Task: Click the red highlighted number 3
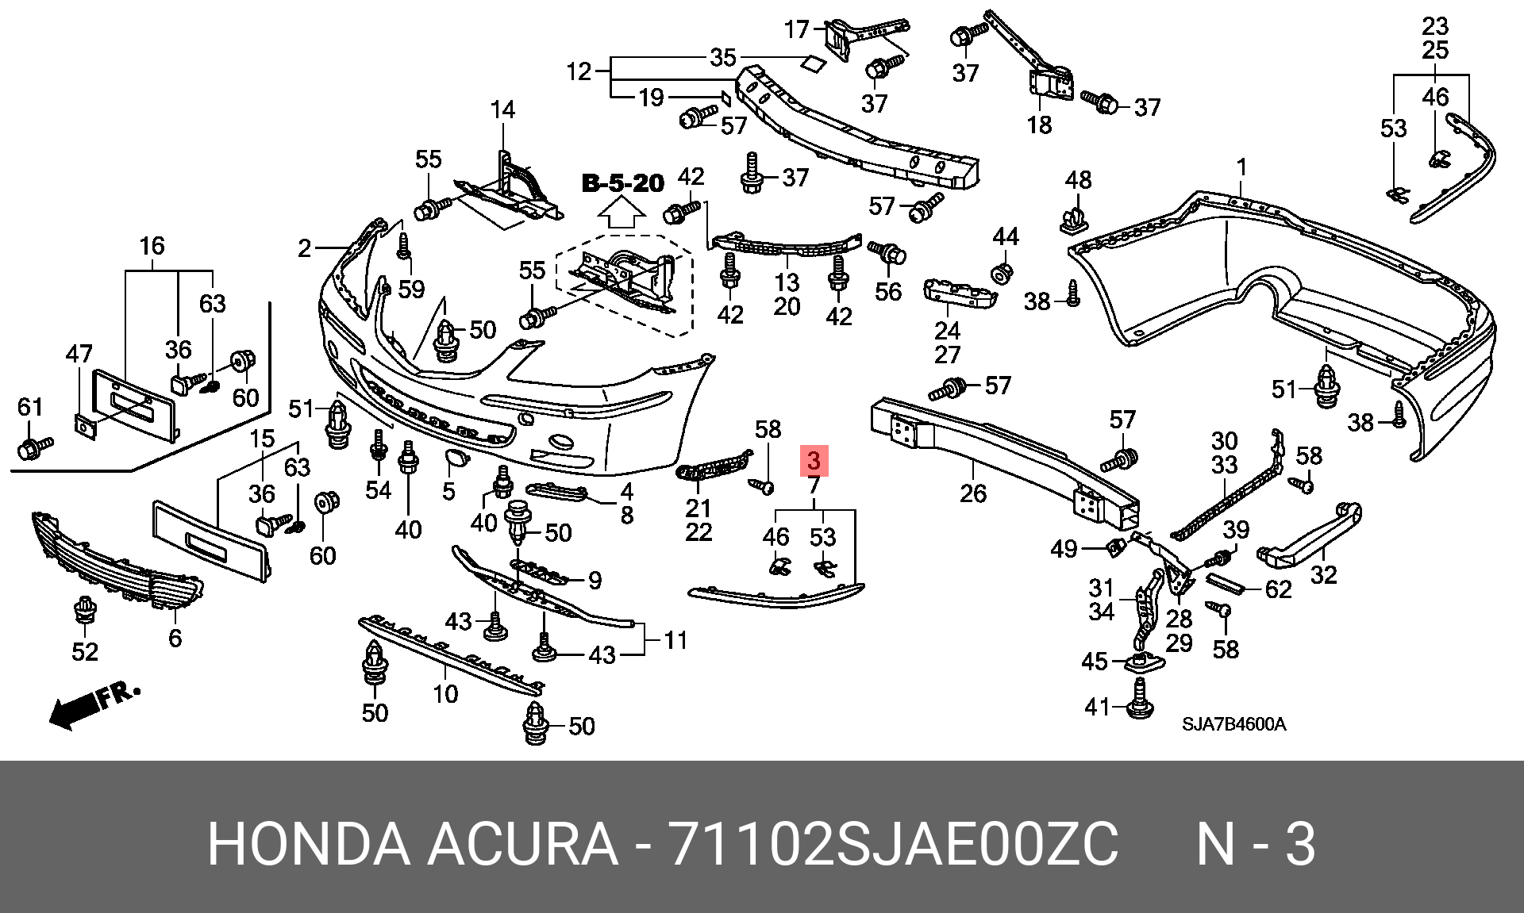[814, 460]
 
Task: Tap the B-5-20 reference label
[623, 183]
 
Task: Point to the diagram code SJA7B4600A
[1233, 724]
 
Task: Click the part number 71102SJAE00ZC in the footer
[894, 844]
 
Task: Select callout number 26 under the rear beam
[973, 493]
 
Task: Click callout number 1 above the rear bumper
[1241, 167]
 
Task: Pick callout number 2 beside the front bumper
[305, 248]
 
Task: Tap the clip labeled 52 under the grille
[84, 612]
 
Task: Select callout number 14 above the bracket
[502, 109]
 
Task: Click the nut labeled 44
[1003, 272]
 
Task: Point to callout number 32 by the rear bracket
[1323, 574]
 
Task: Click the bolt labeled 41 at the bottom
[1140, 706]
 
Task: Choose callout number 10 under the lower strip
[445, 694]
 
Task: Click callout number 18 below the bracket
[1039, 125]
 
